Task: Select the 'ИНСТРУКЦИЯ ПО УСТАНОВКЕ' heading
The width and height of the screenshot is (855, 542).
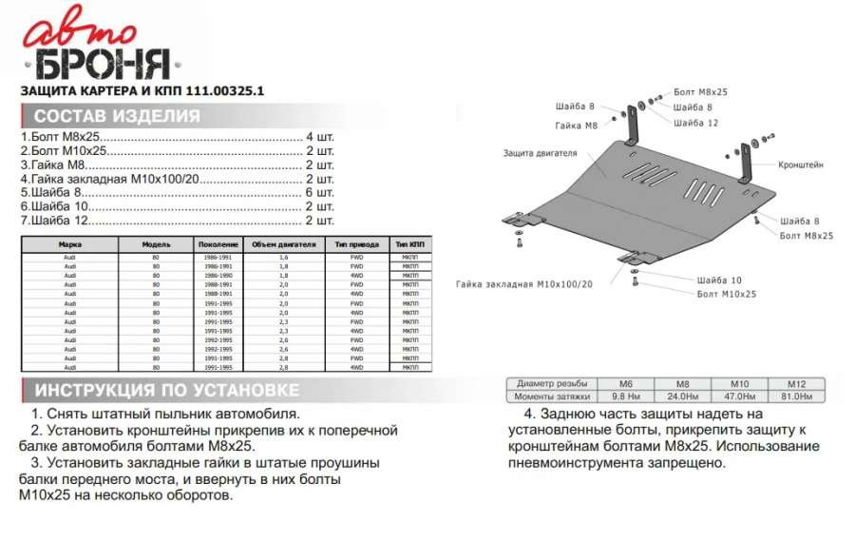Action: click(166, 391)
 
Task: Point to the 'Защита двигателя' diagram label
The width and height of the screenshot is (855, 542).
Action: click(540, 152)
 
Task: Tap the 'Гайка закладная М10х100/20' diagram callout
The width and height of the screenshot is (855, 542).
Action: click(523, 284)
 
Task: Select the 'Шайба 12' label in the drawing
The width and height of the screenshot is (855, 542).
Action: click(695, 123)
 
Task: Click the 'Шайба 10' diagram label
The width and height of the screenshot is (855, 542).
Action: click(718, 281)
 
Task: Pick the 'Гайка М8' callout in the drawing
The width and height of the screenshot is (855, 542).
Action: click(577, 126)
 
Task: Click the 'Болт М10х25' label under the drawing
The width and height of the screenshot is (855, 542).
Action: click(726, 295)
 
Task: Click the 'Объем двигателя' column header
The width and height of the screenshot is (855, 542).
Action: click(283, 244)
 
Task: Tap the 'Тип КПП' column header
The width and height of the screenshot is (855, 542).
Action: click(409, 244)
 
